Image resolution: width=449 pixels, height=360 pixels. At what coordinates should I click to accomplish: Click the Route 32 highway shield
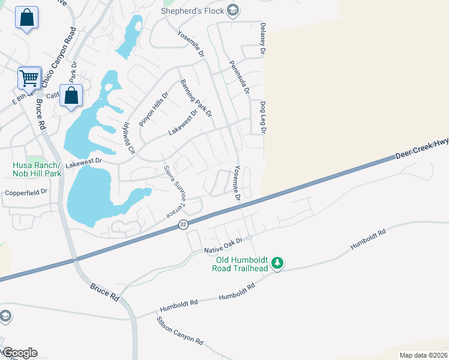183,224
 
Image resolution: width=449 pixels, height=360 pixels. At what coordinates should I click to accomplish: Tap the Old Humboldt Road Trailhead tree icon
277,263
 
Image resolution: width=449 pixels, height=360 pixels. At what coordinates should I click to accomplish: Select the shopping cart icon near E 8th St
29,77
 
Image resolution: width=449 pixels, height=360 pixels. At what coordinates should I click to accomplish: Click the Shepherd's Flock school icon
234,10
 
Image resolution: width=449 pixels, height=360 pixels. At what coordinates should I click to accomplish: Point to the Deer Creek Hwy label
422,149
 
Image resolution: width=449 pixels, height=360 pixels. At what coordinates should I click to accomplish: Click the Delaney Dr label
262,40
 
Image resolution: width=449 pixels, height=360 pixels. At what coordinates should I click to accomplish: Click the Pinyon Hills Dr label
155,109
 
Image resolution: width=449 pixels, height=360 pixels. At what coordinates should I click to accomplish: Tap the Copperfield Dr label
25,193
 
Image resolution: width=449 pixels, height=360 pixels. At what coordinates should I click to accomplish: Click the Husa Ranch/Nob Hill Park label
37,169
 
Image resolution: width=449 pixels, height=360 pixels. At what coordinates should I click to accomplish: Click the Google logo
20,353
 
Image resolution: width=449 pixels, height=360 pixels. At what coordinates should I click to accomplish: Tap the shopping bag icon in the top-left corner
27,18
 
